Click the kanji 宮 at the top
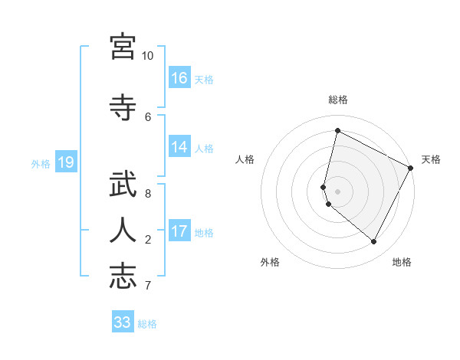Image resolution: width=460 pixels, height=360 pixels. pos(123,47)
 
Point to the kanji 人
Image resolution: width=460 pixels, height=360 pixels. pos(123,229)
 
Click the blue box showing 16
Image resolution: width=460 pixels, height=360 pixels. pos(179,78)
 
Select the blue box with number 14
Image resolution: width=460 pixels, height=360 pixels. pos(179,148)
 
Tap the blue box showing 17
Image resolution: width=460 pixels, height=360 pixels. pos(179,231)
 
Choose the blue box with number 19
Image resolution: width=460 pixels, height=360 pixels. pos(66,162)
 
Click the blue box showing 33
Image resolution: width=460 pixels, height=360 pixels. pos(123,322)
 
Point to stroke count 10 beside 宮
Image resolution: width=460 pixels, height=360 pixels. pos(147,56)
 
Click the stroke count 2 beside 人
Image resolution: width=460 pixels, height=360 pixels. pos(147,240)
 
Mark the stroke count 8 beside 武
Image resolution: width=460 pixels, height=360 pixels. pos(147,194)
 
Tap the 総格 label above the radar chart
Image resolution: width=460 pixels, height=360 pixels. pos(338,100)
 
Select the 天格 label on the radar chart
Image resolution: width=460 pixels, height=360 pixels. pos(431,159)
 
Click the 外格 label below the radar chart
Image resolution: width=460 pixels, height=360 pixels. pos(270,263)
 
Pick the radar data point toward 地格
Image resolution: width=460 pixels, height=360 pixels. pos(374,242)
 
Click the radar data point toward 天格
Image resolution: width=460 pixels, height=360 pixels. pos(411,168)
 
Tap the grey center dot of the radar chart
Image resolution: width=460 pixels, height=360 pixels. pos(338,191)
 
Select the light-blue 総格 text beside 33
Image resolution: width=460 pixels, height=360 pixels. pos(147,324)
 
